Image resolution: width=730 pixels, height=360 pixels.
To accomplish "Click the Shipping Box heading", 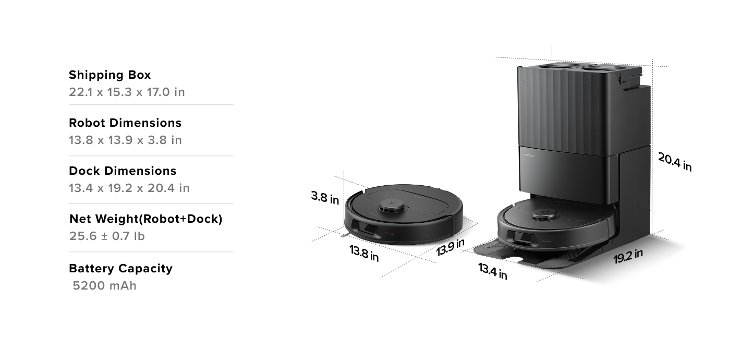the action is pos(110,75).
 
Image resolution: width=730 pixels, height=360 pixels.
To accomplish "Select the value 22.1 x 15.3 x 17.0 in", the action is pos(127,92).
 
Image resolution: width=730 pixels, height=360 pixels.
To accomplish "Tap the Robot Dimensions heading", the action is pos(125,123).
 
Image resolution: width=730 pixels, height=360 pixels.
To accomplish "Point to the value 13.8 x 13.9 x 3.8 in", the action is pos(125,140).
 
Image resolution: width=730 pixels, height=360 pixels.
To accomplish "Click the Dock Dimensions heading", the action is pos(123,171).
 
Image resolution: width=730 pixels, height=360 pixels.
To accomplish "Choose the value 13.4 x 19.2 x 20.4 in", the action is pos(129,188).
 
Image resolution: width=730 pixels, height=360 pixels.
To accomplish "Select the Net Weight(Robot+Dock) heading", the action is pos(146,219).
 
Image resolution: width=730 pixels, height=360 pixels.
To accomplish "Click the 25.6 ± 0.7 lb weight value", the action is pos(107,236).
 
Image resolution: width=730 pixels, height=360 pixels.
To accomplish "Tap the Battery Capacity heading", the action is pos(120,269).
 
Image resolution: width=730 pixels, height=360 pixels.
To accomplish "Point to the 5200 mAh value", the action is pos(104,286).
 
